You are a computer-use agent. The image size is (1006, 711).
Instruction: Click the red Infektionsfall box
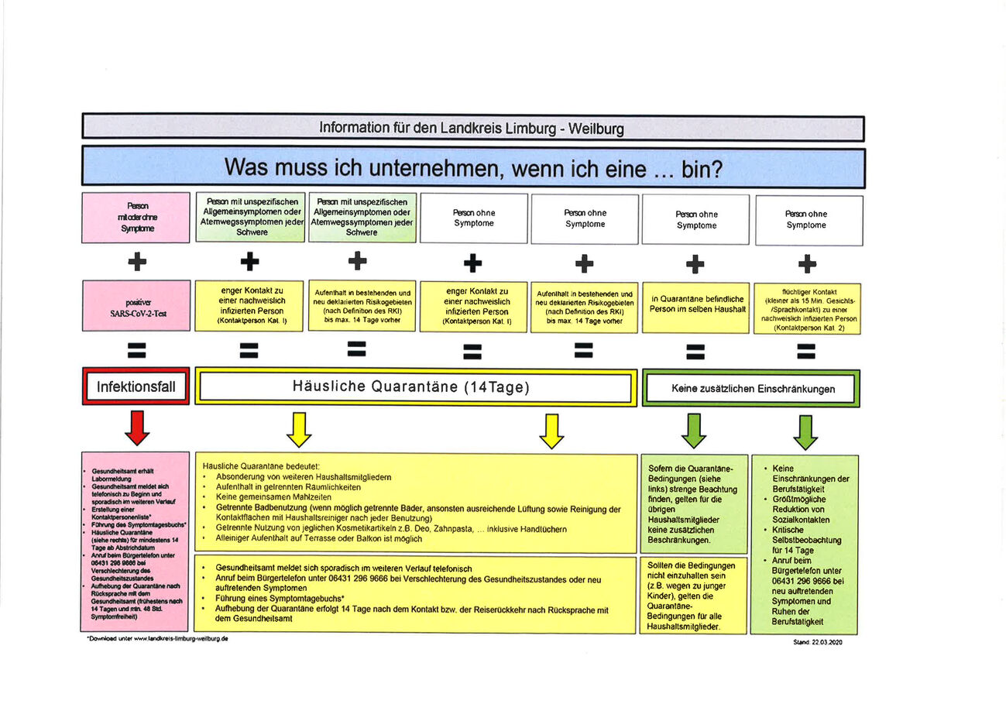pyautogui.click(x=136, y=386)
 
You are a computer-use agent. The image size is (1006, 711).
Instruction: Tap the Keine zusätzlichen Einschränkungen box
pyautogui.click(x=751, y=388)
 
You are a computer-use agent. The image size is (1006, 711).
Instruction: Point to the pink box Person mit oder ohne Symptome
pyautogui.click(x=136, y=218)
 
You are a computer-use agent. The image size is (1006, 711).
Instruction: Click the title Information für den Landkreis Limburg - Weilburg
pyautogui.click(x=472, y=128)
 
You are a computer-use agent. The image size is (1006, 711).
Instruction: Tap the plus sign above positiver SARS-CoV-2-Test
pyautogui.click(x=137, y=262)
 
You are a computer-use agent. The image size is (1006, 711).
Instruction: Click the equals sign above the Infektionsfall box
pyautogui.click(x=137, y=350)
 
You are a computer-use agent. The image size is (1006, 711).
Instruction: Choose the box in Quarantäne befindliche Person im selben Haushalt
pyautogui.click(x=696, y=304)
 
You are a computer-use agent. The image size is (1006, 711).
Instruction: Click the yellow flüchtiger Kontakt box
pyautogui.click(x=807, y=307)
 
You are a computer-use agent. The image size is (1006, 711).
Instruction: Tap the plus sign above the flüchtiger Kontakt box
pyautogui.click(x=807, y=264)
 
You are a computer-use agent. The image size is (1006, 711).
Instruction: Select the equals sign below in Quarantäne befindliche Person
pyautogui.click(x=695, y=352)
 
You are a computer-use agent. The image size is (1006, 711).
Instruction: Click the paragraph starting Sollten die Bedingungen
pyautogui.click(x=693, y=596)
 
